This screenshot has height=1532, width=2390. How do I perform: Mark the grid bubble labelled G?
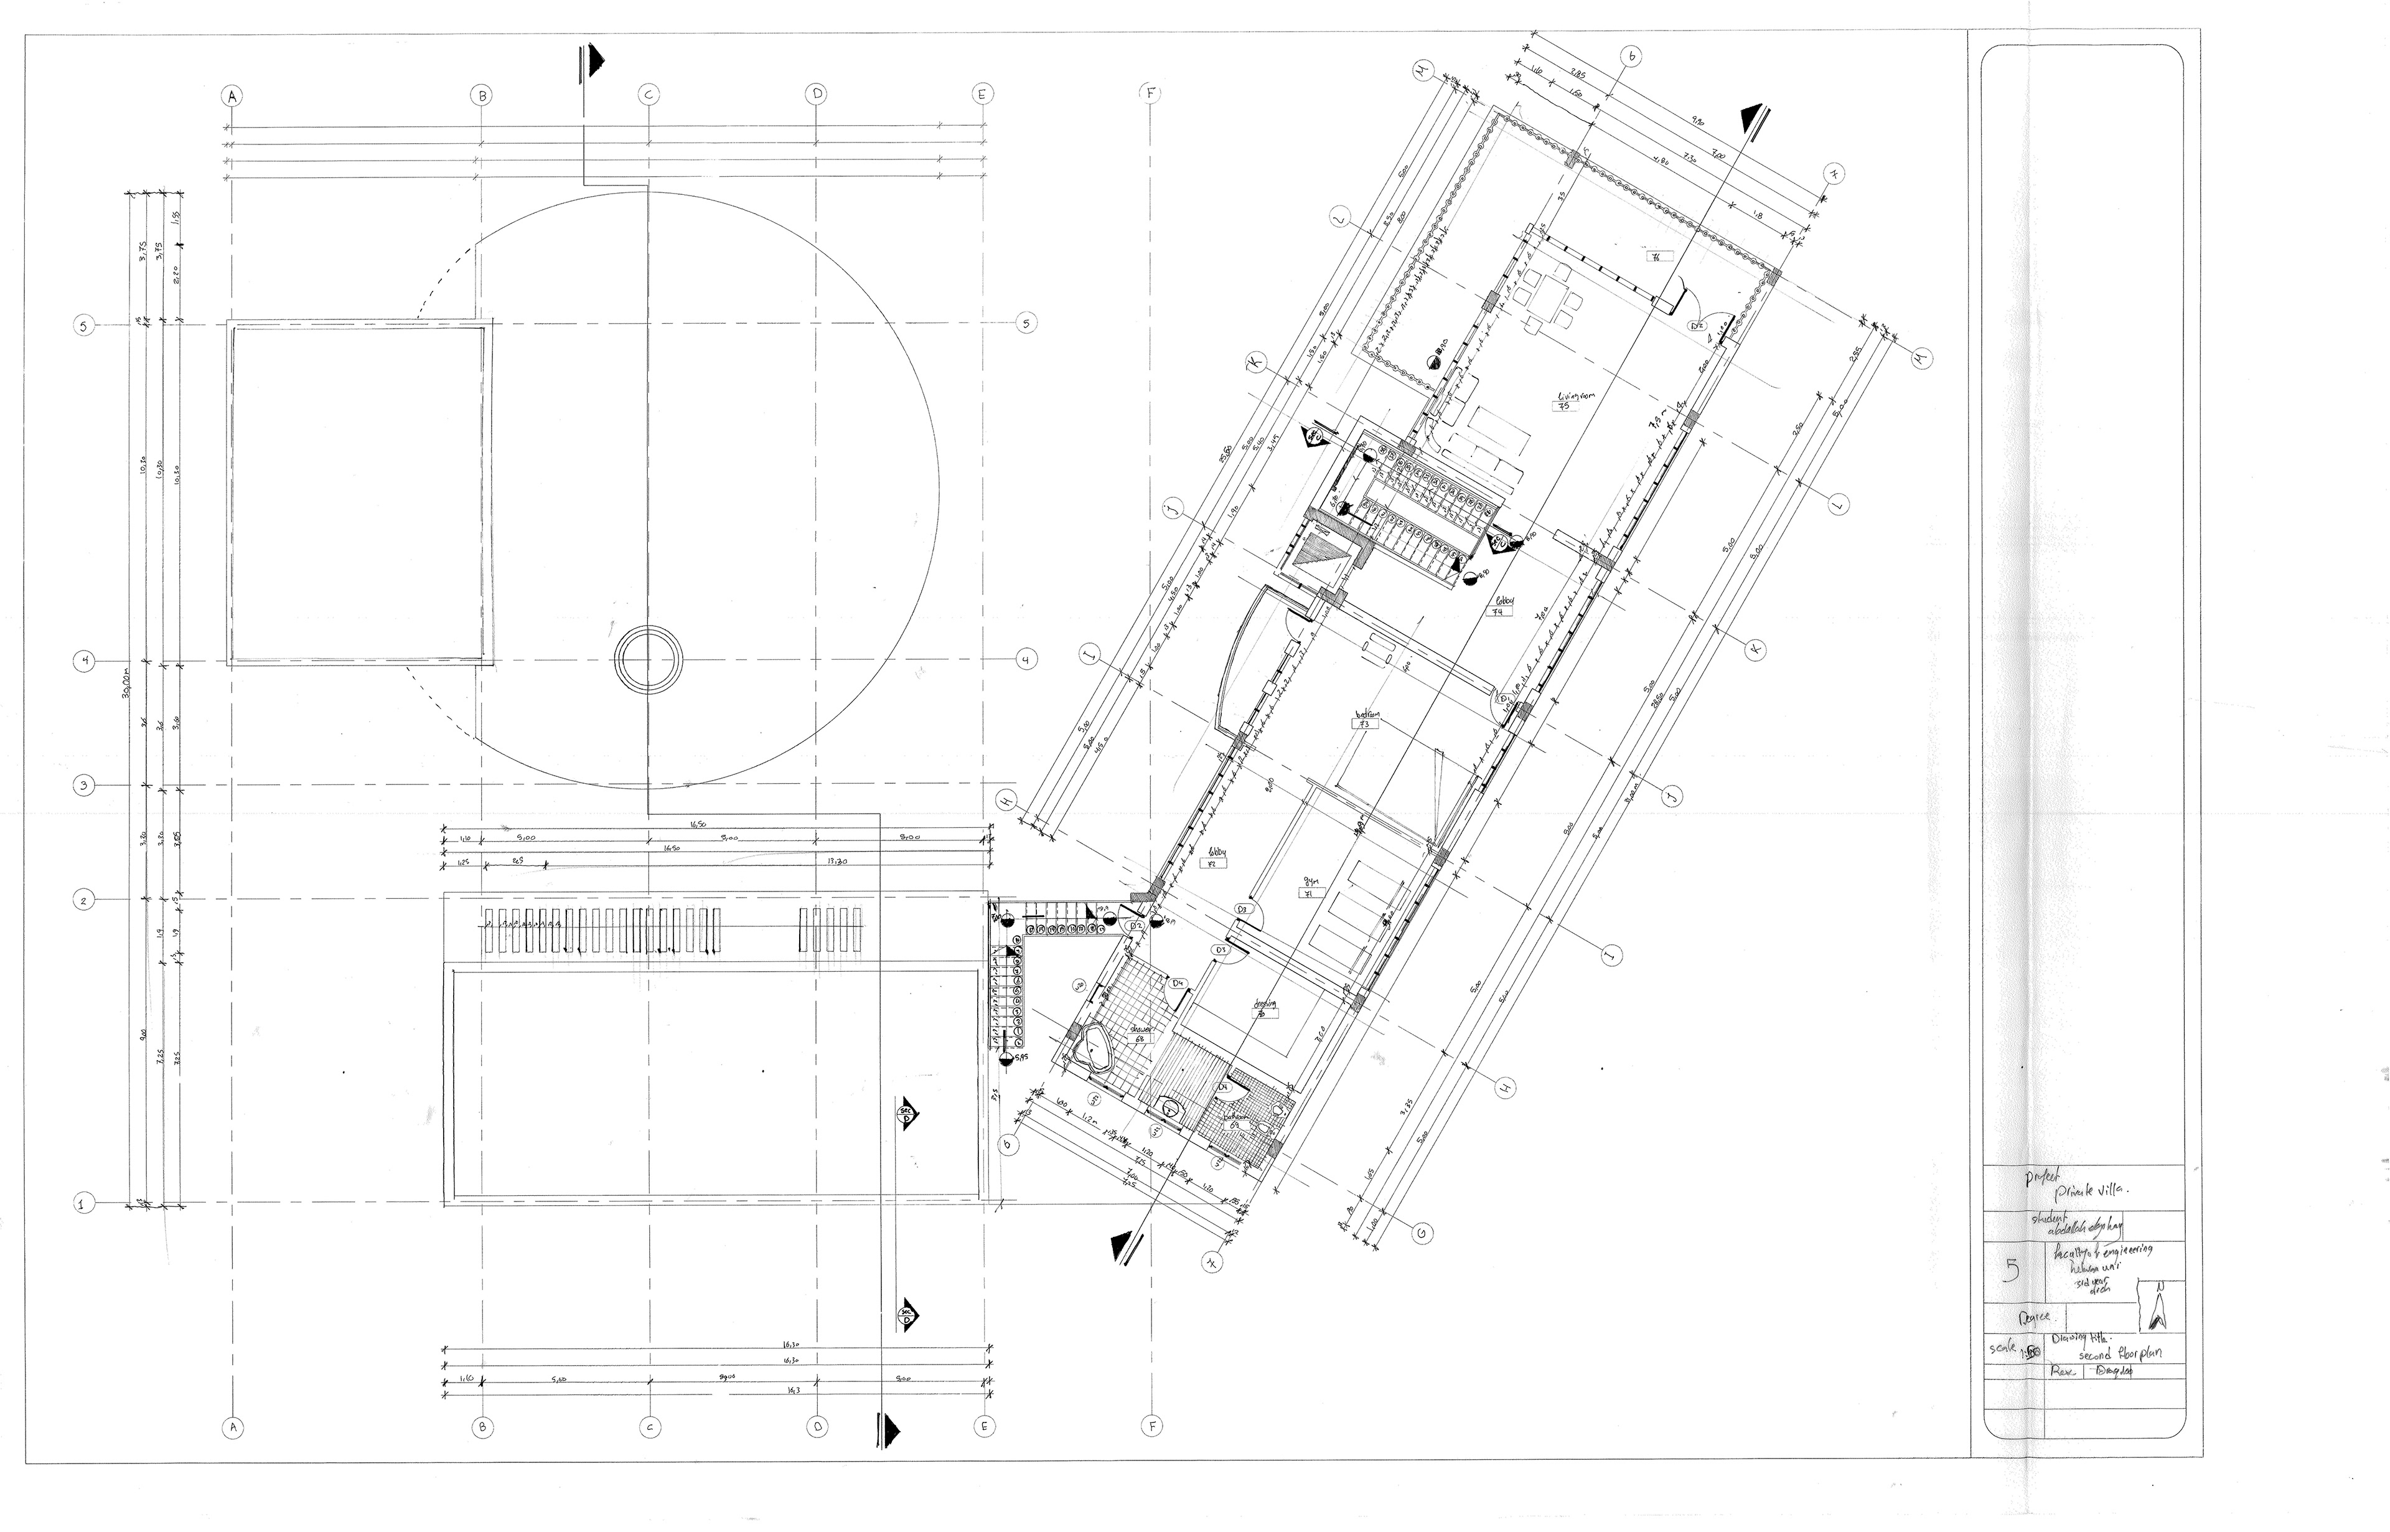1423,1234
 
